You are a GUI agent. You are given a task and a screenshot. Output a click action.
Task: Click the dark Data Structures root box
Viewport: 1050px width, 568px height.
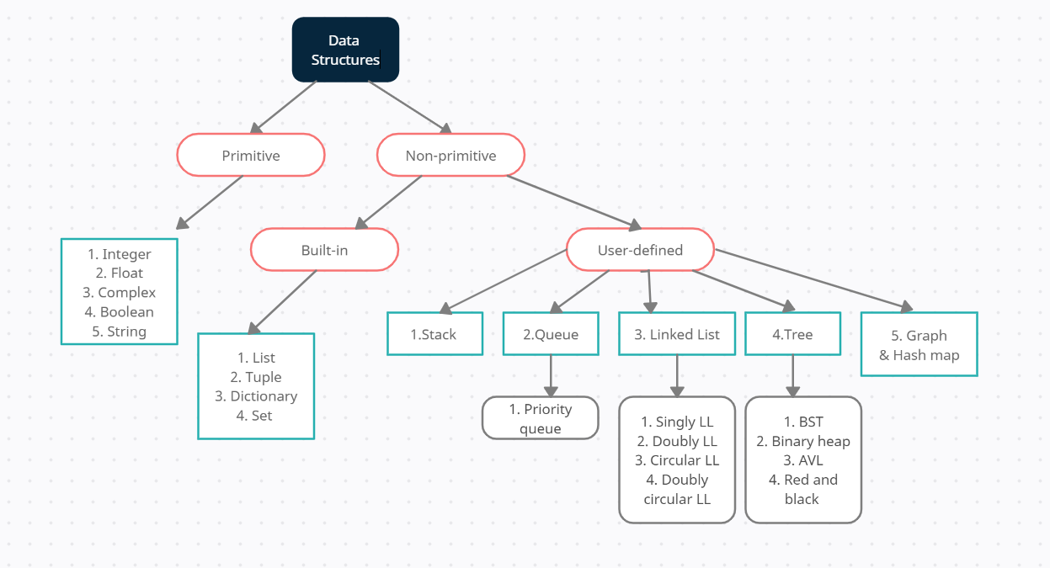tap(345, 50)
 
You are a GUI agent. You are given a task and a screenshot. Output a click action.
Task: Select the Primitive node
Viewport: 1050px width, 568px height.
tap(251, 156)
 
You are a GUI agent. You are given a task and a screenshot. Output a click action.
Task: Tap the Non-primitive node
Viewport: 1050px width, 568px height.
tap(450, 156)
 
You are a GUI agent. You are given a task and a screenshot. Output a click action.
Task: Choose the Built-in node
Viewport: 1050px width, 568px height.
tap(324, 250)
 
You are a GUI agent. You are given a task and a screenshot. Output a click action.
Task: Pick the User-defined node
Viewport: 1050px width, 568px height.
tap(640, 250)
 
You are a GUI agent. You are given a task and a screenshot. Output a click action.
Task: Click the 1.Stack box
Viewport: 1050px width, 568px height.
tap(434, 334)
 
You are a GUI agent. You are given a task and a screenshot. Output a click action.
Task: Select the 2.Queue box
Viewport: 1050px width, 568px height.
tap(551, 334)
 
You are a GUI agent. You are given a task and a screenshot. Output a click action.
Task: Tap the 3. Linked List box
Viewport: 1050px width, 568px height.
tap(677, 334)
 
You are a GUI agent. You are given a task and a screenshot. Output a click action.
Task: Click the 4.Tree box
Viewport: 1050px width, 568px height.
tap(792, 334)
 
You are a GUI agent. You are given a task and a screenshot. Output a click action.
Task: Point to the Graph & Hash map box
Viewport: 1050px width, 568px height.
tap(919, 344)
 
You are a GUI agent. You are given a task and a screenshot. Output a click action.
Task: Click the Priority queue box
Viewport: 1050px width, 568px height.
tap(540, 418)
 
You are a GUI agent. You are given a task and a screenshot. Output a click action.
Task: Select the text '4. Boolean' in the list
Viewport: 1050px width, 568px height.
tap(119, 311)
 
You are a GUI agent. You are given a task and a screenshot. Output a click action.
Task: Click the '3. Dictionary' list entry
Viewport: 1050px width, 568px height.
tap(256, 395)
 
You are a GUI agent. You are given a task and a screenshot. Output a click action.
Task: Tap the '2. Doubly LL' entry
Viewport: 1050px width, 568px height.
tap(677, 441)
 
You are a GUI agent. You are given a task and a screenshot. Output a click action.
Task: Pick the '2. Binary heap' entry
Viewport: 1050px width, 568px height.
tap(803, 441)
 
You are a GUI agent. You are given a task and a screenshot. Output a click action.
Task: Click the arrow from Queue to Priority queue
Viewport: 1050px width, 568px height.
tap(551, 375)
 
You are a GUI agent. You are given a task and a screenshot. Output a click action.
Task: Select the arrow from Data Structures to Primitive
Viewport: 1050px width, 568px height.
tap(285, 107)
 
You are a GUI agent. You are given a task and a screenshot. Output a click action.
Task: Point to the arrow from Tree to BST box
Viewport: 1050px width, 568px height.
tap(792, 375)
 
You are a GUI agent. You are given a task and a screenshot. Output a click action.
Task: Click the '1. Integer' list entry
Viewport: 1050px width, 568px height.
tap(119, 254)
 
